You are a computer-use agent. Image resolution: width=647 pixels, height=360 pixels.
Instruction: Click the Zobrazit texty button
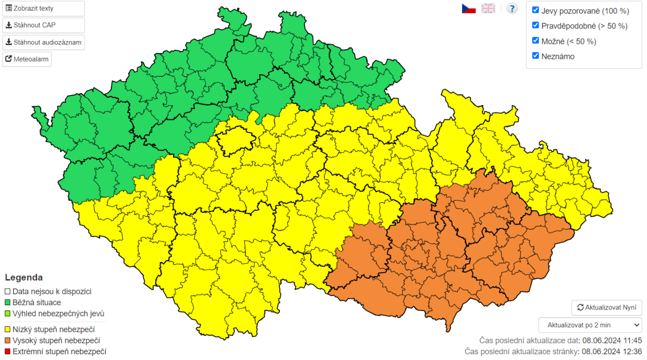pyautogui.click(x=43, y=9)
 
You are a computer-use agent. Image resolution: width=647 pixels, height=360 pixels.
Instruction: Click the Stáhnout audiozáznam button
pyautogui.click(x=43, y=42)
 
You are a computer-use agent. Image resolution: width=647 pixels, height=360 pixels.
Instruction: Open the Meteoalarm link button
pyautogui.click(x=27, y=59)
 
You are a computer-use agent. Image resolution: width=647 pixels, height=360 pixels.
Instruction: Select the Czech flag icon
pyautogui.click(x=469, y=9)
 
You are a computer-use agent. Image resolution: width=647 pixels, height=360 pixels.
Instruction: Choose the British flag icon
pyautogui.click(x=488, y=9)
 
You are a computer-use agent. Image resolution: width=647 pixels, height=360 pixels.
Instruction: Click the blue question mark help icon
pyautogui.click(x=512, y=9)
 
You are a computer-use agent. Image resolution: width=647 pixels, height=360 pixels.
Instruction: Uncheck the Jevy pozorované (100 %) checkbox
pyautogui.click(x=536, y=10)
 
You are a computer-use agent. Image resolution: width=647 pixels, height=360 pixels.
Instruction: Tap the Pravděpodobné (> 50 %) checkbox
pyautogui.click(x=536, y=26)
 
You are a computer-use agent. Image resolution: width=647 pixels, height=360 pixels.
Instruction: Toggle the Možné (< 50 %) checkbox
pyautogui.click(x=536, y=41)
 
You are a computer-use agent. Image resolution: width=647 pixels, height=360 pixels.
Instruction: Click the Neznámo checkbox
pyautogui.click(x=536, y=56)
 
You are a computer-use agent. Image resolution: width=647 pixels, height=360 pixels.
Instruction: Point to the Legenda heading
pyautogui.click(x=23, y=278)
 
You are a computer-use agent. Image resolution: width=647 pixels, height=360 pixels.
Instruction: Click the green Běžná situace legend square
pyautogui.click(x=8, y=302)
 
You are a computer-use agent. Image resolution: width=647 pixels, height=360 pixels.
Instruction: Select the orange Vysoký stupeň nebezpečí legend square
pyautogui.click(x=8, y=341)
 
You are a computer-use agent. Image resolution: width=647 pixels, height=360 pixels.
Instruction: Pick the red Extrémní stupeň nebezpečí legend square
pyautogui.click(x=8, y=351)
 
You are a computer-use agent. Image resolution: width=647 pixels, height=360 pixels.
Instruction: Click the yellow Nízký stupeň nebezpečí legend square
pyautogui.click(x=8, y=329)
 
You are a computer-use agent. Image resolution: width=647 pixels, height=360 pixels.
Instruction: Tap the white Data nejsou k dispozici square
pyautogui.click(x=8, y=291)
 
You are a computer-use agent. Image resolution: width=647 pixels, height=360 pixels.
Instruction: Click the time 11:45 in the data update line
pyautogui.click(x=632, y=340)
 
